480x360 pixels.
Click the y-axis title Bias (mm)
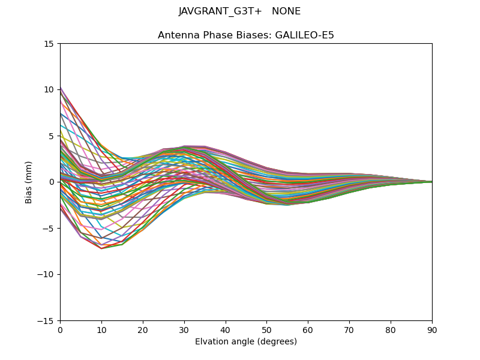(x=29, y=182)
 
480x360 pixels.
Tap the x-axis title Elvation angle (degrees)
(x=246, y=341)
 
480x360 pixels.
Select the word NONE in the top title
(x=286, y=11)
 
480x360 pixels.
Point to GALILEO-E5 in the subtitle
(x=304, y=35)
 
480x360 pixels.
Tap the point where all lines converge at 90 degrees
(x=431, y=182)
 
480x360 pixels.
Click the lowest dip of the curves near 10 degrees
(x=101, y=248)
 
